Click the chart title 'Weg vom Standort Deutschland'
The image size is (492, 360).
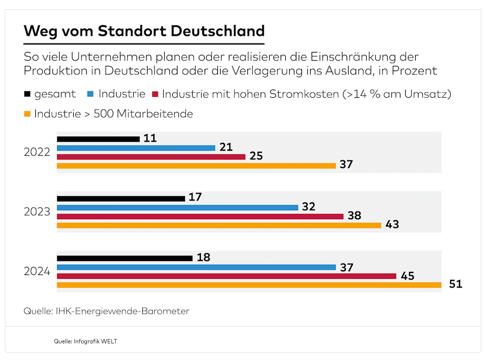coord(144,31)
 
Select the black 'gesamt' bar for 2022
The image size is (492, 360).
coord(98,139)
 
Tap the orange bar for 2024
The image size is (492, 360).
coord(249,285)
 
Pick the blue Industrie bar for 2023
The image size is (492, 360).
coord(177,207)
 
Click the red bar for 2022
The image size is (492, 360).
coord(151,157)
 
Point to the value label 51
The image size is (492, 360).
coord(455,284)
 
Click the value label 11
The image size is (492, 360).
coord(150,139)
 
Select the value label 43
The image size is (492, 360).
coord(392,225)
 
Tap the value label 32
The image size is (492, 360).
coord(308,207)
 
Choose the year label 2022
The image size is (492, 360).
coord(37,152)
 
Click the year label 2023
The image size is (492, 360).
coord(37,212)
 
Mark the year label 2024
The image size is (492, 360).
coord(37,271)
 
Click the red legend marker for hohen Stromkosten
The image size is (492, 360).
coord(155,94)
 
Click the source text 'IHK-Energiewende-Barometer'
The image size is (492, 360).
coord(122,311)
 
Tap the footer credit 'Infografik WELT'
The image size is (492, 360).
coord(95,341)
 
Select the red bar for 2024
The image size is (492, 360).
coord(226,276)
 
